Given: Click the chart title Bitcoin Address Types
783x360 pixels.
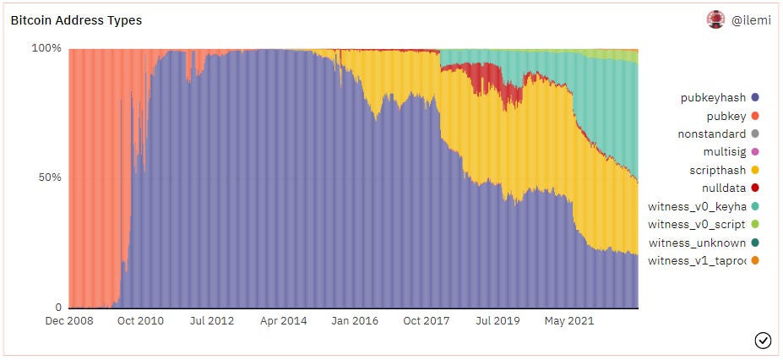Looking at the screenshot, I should tap(76, 20).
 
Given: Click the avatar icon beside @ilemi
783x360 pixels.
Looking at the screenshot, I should tap(715, 19).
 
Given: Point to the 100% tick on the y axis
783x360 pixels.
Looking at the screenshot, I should tap(46, 48).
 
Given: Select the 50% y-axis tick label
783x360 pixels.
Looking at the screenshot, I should tap(50, 177).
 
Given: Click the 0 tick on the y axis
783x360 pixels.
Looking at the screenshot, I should tap(58, 308).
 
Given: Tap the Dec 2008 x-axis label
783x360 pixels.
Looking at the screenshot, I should tap(69, 321).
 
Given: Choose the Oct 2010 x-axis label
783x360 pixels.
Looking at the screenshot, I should tap(140, 321).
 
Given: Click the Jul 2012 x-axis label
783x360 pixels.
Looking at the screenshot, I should tap(211, 321).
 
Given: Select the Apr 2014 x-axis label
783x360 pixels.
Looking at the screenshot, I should tap(283, 321).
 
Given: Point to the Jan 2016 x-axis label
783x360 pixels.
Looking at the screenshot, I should tap(354, 321).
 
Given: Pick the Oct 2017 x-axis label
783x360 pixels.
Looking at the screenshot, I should tap(426, 321).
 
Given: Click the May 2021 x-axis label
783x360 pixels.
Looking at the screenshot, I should tap(568, 321).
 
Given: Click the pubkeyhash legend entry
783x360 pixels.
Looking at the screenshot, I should tap(713, 98).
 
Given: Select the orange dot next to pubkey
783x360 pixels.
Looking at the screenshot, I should tap(753, 116).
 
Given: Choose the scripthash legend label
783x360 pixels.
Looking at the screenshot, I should tap(718, 170).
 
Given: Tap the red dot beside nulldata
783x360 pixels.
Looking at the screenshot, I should tap(753, 188).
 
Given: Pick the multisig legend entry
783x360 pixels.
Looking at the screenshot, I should tap(724, 152).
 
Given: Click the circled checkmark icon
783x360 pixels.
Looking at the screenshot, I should tap(763, 340).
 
